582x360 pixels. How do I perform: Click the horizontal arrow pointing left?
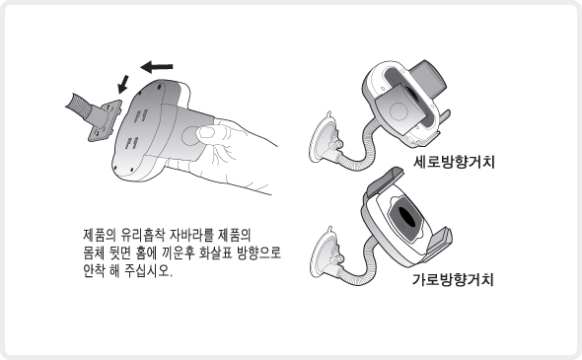pos(157,67)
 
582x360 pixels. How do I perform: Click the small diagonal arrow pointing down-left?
pos(123,84)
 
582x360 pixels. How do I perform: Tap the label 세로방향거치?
pos(454,162)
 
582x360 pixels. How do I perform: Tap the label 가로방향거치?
pos(453,279)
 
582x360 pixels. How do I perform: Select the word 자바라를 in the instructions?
pos(191,236)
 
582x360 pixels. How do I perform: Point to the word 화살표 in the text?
pos(216,253)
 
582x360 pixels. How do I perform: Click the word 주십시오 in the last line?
pos(148,271)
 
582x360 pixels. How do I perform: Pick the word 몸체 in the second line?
pos(94,253)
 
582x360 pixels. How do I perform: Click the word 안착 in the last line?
pos(94,271)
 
